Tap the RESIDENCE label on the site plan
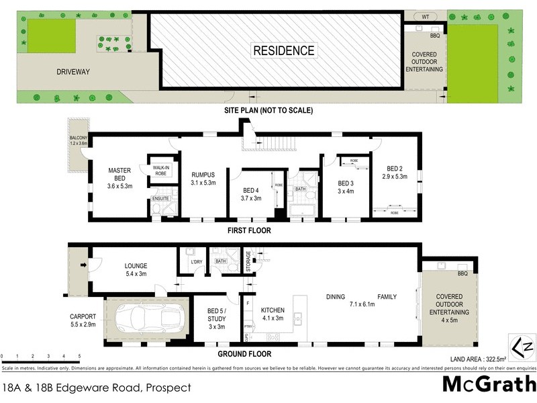283,50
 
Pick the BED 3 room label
345,187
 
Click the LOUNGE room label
135,269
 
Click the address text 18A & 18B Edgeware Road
97,388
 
